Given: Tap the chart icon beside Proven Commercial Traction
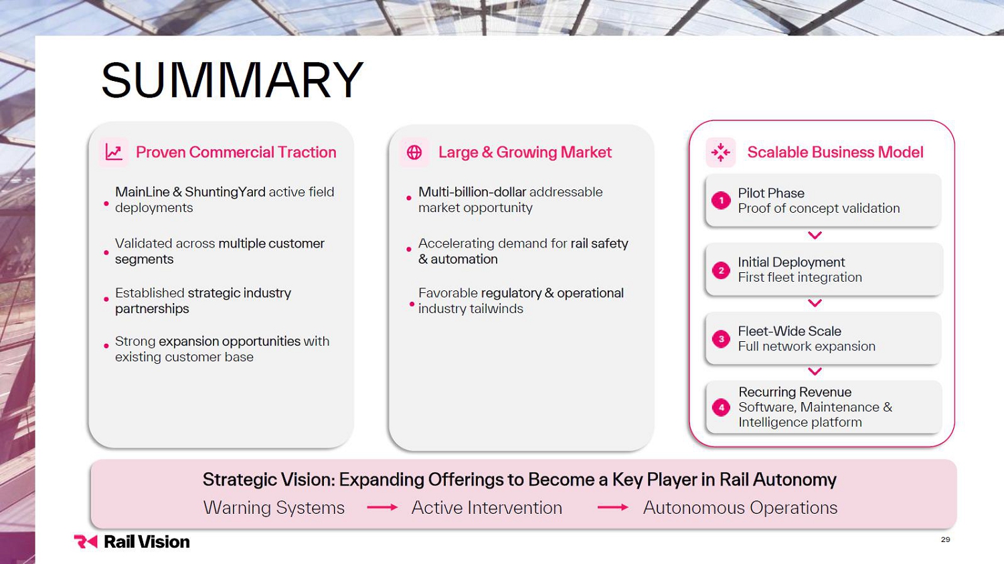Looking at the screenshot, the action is (x=113, y=153).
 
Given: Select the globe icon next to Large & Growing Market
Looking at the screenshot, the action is (x=414, y=153).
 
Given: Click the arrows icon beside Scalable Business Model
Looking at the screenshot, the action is (x=721, y=153).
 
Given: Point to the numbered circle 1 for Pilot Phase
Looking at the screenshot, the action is (x=721, y=200).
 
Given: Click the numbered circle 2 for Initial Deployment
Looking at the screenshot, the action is (x=721, y=270).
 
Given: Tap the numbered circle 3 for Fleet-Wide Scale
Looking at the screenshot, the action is (x=721, y=339).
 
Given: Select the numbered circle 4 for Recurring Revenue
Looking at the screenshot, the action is (x=721, y=407).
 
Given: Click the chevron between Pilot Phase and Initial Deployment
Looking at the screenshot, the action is (x=815, y=236).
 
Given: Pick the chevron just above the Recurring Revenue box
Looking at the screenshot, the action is (x=815, y=371).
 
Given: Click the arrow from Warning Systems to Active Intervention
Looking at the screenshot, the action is (x=382, y=507).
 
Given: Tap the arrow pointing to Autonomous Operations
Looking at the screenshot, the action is (x=612, y=507).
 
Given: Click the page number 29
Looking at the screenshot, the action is (x=945, y=539).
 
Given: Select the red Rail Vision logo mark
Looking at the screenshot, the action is (x=85, y=542).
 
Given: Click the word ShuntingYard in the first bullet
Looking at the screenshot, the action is (x=225, y=192).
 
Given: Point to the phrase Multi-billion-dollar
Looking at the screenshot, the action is (x=472, y=192).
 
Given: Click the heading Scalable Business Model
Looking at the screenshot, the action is (x=835, y=153).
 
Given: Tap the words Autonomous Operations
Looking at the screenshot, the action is (x=740, y=508).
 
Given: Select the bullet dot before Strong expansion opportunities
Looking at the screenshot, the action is (x=106, y=346).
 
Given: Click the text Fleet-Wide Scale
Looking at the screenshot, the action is (x=789, y=331).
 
